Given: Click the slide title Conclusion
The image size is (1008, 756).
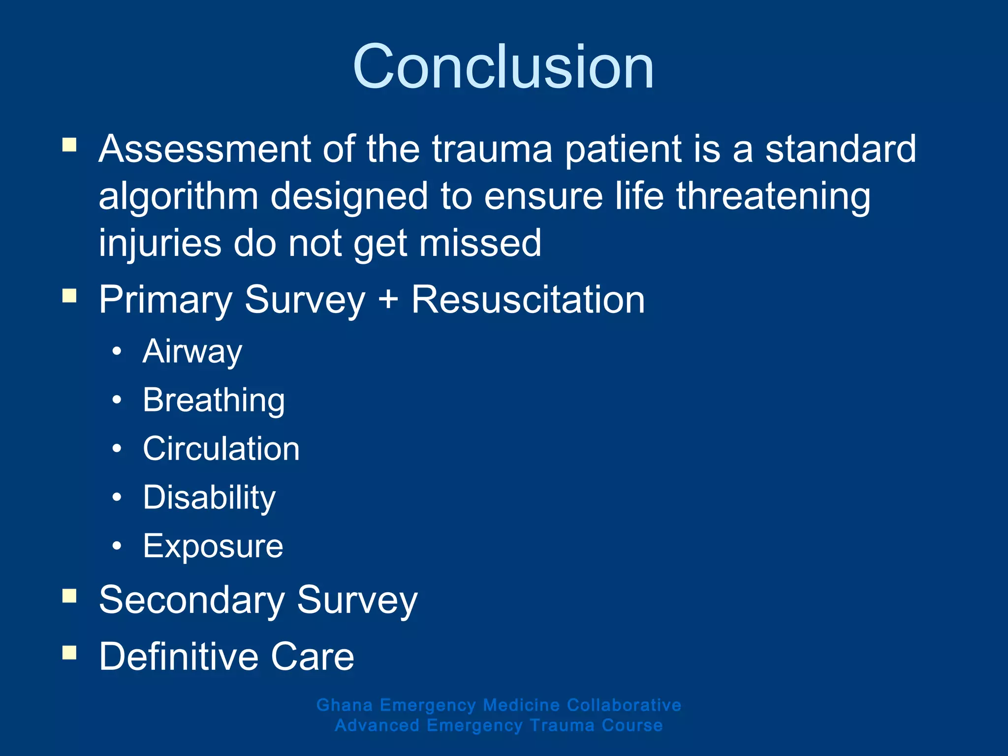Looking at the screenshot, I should pyautogui.click(x=503, y=67).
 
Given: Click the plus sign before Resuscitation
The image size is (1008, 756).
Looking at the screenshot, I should pyautogui.click(x=388, y=299).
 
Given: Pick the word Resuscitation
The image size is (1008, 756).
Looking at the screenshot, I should pyautogui.click(x=528, y=299).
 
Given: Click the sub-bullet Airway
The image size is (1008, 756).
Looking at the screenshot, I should pyautogui.click(x=192, y=352).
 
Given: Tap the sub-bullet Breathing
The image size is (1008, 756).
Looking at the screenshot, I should pyautogui.click(x=214, y=400).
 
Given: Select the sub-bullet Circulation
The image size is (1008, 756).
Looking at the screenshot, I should pyautogui.click(x=221, y=449).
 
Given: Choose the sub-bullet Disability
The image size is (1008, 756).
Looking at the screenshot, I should pyautogui.click(x=209, y=498).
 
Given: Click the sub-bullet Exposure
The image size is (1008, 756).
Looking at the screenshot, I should pyautogui.click(x=213, y=546).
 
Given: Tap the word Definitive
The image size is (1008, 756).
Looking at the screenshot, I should pyautogui.click(x=178, y=657).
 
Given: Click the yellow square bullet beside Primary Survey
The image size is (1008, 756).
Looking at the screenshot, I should pyautogui.click(x=69, y=296).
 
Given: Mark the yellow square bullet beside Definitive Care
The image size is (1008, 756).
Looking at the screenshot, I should pyautogui.click(x=69, y=653).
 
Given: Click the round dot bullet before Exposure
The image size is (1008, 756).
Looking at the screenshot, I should pyautogui.click(x=117, y=546).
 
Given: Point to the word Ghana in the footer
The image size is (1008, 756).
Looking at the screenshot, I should pyautogui.click(x=345, y=705).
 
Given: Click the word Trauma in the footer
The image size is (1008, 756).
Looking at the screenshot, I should pyautogui.click(x=562, y=725).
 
